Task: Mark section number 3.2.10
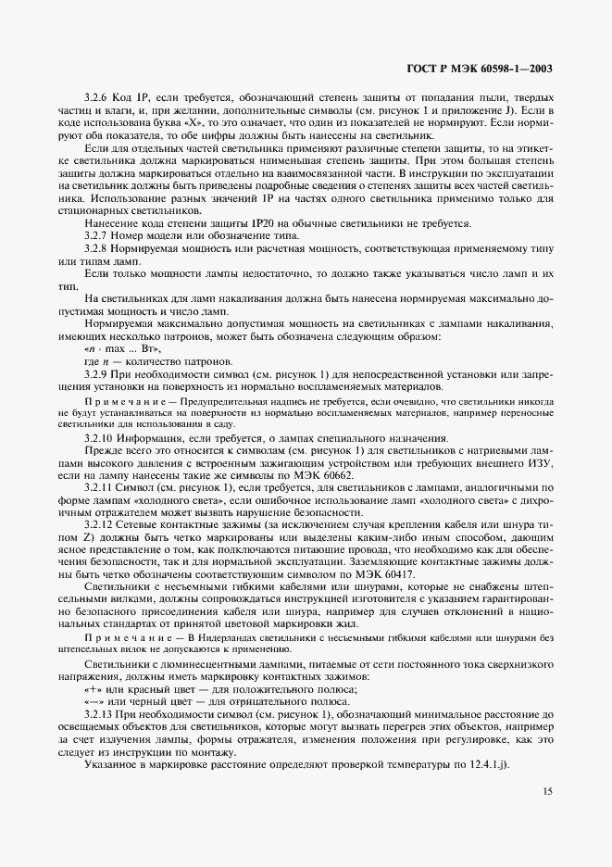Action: point(100,438)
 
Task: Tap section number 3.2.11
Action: point(100,486)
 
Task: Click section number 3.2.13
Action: point(100,716)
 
